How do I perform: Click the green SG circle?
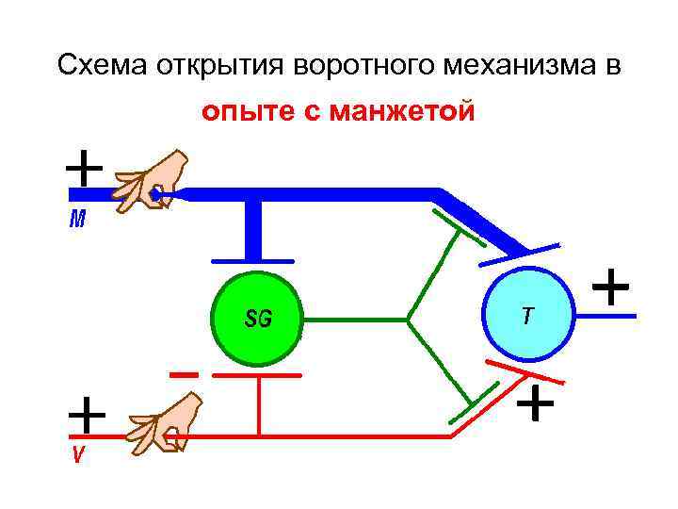pyautogui.click(x=257, y=320)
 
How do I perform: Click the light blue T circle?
pyautogui.click(x=527, y=317)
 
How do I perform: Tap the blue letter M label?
pyautogui.click(x=78, y=221)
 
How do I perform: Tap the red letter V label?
pyautogui.click(x=79, y=455)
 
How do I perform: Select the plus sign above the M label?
pyautogui.click(x=84, y=170)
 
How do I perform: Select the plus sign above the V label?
pyautogui.click(x=87, y=414)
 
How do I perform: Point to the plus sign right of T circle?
pyautogui.click(x=612, y=285)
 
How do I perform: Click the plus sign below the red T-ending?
pyautogui.click(x=536, y=403)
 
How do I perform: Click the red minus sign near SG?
pyautogui.click(x=184, y=374)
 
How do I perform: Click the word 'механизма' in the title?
pyautogui.click(x=519, y=66)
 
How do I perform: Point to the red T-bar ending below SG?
pyautogui.click(x=257, y=375)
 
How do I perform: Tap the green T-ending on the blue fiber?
pyautogui.click(x=448, y=222)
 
